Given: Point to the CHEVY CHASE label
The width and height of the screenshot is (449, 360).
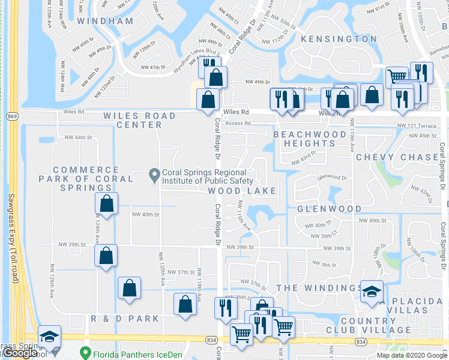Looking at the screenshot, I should tap(397, 157).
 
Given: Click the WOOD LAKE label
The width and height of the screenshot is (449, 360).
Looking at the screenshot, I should tap(242, 191).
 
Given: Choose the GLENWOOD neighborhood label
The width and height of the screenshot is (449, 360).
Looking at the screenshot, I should tap(329, 209).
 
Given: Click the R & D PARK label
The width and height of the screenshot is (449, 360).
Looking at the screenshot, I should tap(125, 319).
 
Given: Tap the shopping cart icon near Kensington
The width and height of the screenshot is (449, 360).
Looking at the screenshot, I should tap(396, 76).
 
